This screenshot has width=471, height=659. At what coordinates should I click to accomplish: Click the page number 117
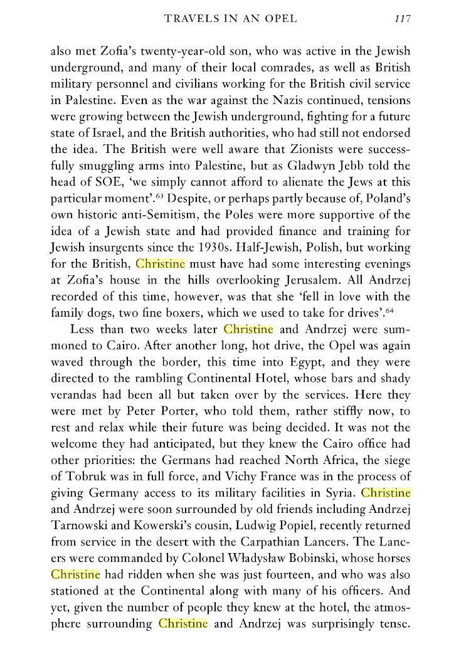pos(402,19)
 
